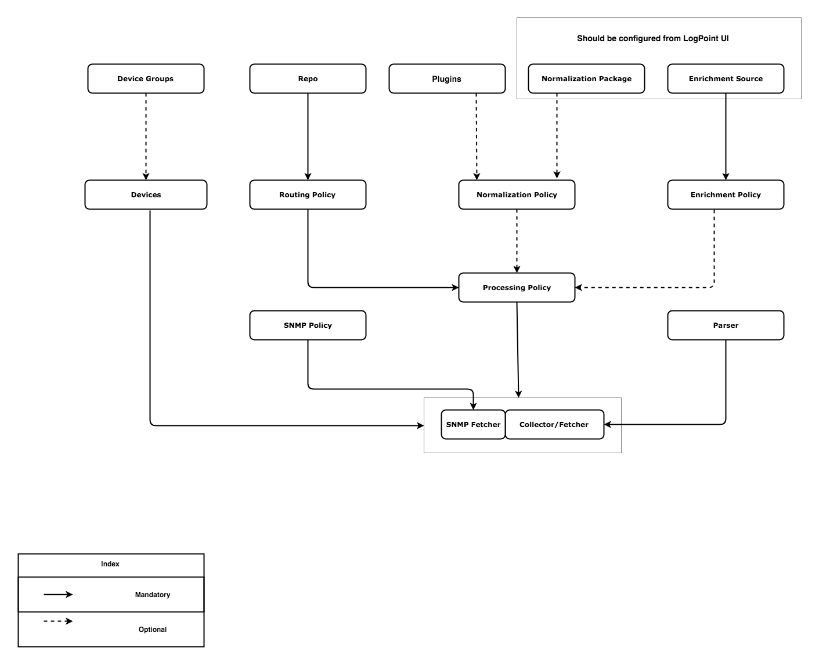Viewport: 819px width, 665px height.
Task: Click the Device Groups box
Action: coord(146,78)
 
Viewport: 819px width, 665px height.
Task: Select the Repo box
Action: coord(308,78)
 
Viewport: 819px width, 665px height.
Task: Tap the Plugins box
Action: coord(447,78)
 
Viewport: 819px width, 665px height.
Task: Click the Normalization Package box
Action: coord(586,78)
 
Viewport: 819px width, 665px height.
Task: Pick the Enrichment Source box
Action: coord(726,78)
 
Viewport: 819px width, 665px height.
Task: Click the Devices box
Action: coord(146,194)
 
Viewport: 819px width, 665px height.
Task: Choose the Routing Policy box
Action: coord(308,194)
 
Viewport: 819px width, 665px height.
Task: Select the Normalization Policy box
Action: coord(517,194)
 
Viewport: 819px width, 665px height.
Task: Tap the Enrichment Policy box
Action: coord(726,194)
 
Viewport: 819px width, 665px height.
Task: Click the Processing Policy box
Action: coord(517,287)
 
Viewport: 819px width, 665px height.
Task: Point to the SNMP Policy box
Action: coord(308,325)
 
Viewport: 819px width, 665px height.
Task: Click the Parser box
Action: coord(726,325)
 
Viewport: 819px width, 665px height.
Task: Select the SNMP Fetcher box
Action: coord(473,424)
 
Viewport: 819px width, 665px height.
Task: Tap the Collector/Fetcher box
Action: coord(554,424)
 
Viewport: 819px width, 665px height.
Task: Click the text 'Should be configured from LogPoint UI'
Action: coord(652,38)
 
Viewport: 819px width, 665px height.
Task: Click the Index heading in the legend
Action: coord(110,564)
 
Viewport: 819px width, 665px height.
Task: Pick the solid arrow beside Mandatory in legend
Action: coord(58,594)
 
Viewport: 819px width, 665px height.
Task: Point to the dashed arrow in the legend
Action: coord(58,621)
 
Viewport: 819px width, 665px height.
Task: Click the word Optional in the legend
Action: coord(153,630)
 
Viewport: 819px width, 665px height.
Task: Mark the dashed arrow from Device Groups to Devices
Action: coord(146,136)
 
